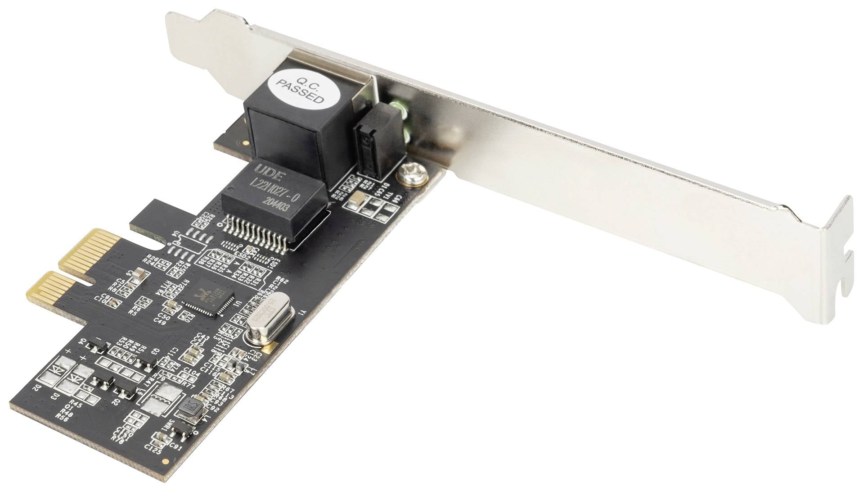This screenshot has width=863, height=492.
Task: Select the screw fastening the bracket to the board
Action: click(410, 175)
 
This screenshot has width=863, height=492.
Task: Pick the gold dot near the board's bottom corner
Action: click(166, 474)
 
